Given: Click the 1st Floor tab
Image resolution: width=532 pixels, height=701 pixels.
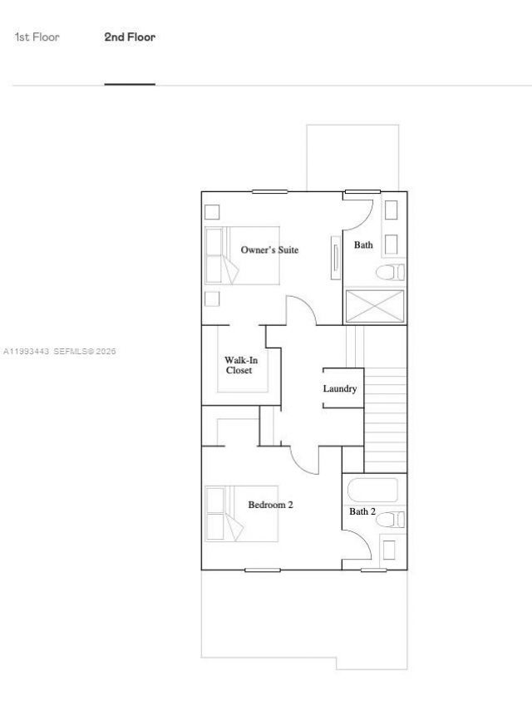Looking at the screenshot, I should coord(37,37).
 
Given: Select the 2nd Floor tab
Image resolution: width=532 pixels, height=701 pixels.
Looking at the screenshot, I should coord(130,37).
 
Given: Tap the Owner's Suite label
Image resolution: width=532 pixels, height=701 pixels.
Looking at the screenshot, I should coord(269,249).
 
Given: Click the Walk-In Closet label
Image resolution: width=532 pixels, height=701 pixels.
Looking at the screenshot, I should coord(239,365).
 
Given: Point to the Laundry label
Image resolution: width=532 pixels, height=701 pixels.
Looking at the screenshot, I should coord(340,388).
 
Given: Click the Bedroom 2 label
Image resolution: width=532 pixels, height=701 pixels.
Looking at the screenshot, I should coord(270,504).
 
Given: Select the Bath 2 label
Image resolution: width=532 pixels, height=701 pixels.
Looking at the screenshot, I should coord(362,511).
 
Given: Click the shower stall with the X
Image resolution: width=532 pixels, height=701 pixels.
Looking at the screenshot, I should coord(375,306).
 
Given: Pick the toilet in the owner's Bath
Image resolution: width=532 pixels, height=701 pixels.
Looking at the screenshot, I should coord(391,272).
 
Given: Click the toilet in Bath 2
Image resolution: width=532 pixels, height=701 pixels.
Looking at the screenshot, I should coord(391,520).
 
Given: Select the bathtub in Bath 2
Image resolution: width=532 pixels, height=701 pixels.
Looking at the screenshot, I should coord(375,491).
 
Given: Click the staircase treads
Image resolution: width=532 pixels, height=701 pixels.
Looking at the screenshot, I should coord(386,420).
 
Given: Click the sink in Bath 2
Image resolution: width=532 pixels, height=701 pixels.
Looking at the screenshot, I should coord(389,550).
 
